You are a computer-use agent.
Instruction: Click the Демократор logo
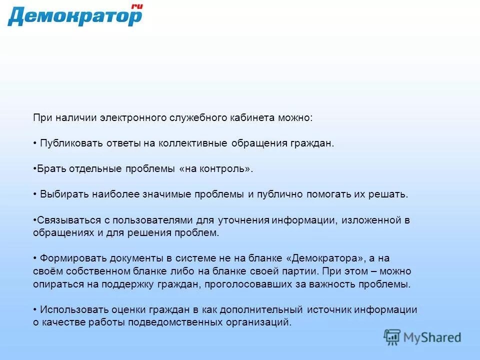(75, 16)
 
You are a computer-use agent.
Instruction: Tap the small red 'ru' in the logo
(136, 6)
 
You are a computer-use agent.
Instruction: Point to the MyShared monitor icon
(392, 337)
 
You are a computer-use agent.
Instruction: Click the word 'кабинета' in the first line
(251, 118)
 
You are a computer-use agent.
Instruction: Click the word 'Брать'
(50, 169)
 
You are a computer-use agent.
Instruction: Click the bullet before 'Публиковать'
(35, 143)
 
